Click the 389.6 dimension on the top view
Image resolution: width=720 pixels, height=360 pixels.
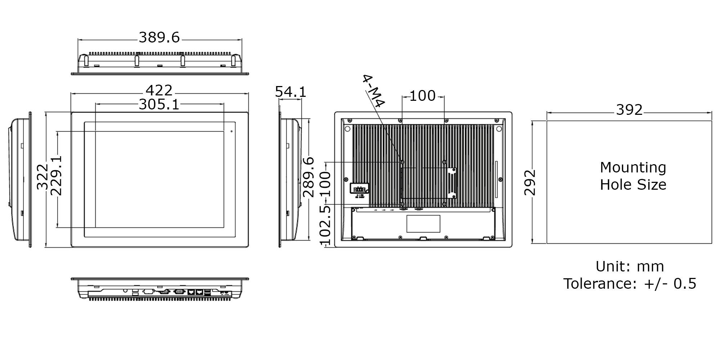point(159,37)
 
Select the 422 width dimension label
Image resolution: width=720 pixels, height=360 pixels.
point(159,90)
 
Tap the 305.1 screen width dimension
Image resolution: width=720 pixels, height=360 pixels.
point(159,105)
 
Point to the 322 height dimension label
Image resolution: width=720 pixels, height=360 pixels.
point(42,176)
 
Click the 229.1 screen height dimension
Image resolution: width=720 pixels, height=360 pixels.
point(56,176)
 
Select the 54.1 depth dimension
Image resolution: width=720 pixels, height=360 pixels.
point(291,92)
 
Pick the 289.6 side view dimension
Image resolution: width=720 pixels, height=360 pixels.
point(309,177)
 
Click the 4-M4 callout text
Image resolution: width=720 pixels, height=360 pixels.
point(373,91)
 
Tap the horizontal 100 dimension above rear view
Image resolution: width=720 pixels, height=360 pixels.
point(423,96)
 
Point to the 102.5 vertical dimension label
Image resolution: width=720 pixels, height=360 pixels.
point(325,225)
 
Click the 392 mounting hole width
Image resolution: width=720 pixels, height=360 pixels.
point(629,110)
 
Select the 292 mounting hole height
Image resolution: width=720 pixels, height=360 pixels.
point(530,183)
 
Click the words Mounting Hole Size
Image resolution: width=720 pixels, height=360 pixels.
point(633,176)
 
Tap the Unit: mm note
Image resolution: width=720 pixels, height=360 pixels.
point(630,266)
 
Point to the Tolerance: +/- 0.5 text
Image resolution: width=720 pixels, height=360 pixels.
point(630,284)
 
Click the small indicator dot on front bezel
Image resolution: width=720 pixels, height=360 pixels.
point(231,131)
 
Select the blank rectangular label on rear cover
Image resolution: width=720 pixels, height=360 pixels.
point(423,224)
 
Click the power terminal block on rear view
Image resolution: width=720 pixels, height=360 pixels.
point(360,189)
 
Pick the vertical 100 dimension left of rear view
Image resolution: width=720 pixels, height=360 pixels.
point(325,184)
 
